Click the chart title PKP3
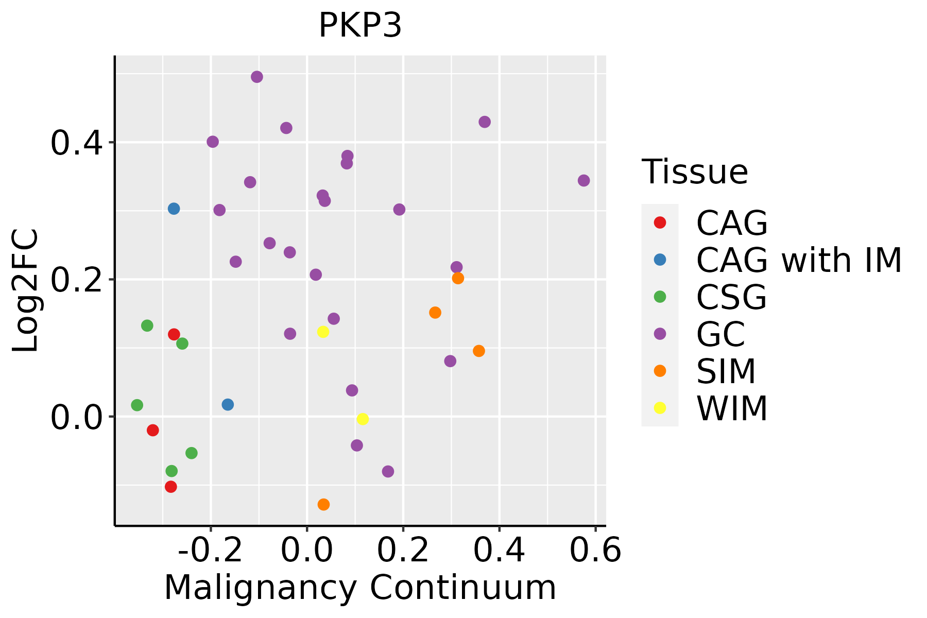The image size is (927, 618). click(360, 25)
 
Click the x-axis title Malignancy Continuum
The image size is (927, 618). click(360, 588)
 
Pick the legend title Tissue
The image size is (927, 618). click(695, 172)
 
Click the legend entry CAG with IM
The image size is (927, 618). click(799, 260)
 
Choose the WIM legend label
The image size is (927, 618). click(732, 408)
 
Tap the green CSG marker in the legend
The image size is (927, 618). click(660, 297)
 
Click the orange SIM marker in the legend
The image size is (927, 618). click(660, 371)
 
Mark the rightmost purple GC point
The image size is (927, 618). click(583, 181)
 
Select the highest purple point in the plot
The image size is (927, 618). click(257, 77)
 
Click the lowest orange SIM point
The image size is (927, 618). click(323, 504)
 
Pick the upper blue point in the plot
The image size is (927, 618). click(174, 209)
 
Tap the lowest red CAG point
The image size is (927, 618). click(171, 487)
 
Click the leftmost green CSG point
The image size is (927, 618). click(137, 405)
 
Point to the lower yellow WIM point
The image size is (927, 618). click(363, 419)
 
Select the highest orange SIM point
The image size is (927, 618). click(458, 278)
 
